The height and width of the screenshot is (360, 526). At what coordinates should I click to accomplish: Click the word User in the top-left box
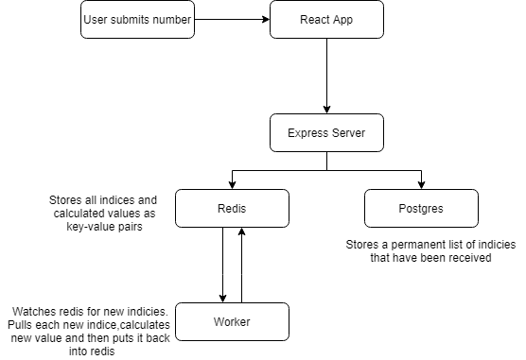[96, 20]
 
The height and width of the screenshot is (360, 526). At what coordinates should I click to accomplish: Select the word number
[172, 20]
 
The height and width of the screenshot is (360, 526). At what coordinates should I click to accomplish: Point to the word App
[343, 20]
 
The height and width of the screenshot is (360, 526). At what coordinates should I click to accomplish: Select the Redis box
[232, 209]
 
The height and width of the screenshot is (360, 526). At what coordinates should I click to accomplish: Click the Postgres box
[421, 209]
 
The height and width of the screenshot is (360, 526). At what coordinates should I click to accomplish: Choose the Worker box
[232, 322]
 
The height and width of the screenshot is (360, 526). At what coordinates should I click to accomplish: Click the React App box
[326, 20]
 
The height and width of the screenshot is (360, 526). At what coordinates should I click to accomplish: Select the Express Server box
[326, 133]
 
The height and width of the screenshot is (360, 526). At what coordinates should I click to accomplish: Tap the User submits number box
[137, 20]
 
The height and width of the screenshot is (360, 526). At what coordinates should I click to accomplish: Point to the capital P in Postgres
[402, 209]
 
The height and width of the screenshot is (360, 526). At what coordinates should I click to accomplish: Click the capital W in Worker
[218, 322]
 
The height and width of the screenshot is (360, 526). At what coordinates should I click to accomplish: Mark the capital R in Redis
[220, 209]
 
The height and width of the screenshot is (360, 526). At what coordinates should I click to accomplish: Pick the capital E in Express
[290, 133]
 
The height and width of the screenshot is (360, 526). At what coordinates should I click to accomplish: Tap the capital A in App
[336, 20]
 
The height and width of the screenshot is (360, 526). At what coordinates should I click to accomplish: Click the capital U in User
[87, 20]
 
